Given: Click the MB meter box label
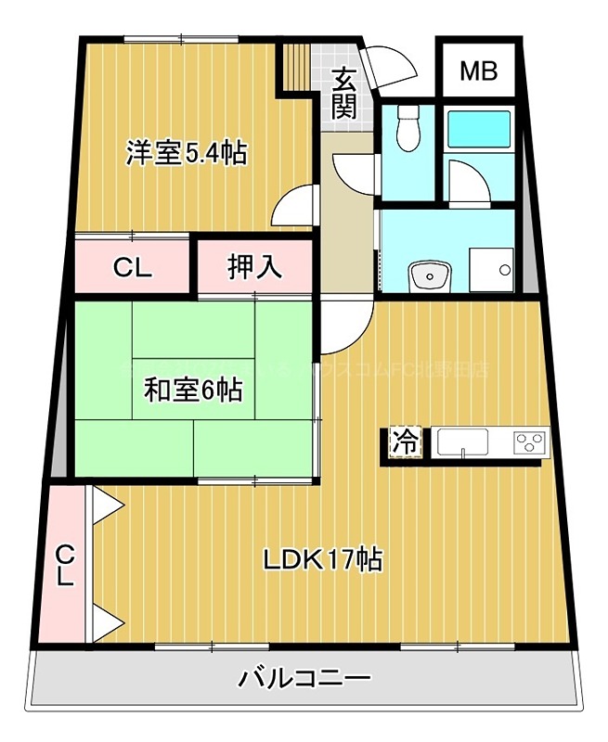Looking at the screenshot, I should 479,70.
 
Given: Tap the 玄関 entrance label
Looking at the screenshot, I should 345,93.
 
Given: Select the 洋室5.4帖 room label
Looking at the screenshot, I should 187,153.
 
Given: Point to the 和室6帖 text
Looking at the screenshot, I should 192,390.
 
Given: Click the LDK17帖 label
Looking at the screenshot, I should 322,559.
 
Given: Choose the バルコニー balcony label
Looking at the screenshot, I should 304,678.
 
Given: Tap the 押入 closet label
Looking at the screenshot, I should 253,267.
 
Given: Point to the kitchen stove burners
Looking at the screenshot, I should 531,442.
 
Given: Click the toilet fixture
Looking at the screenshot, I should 406,131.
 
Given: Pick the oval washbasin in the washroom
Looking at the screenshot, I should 429,275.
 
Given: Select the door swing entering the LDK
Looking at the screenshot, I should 348,326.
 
